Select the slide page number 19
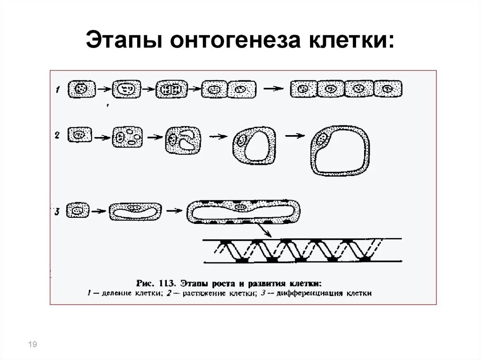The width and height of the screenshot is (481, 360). pyautogui.click(x=33, y=345)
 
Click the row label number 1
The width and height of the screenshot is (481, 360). pyautogui.click(x=57, y=89)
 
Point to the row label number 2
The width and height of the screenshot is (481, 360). pyautogui.click(x=57, y=136)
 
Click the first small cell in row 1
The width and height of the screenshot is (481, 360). pyautogui.click(x=81, y=88)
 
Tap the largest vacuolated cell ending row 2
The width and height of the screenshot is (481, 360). pyautogui.click(x=340, y=150)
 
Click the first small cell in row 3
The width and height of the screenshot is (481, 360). pyautogui.click(x=78, y=211)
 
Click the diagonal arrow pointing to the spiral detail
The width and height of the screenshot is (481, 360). pyautogui.click(x=263, y=230)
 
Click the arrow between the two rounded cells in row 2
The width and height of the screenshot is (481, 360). pyautogui.click(x=295, y=136)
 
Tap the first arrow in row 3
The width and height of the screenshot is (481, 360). pyautogui.click(x=98, y=212)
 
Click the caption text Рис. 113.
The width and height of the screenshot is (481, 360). pyautogui.click(x=155, y=283)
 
